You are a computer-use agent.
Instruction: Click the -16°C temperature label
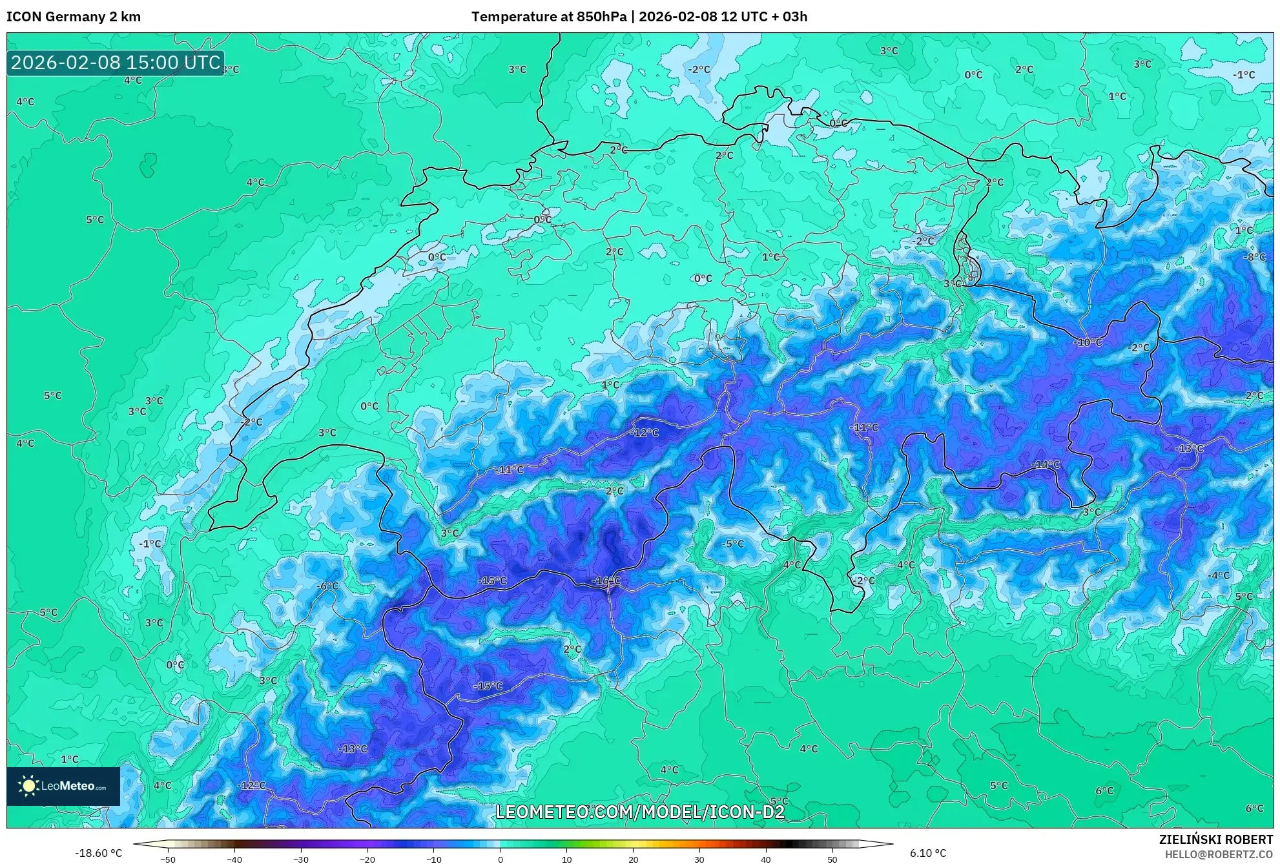606,581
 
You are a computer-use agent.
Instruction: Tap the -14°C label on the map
1045,464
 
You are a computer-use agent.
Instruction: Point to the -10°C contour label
1088,342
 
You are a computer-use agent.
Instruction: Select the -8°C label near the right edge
1255,256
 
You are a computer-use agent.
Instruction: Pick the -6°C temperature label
327,586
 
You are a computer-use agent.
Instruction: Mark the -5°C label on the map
733,544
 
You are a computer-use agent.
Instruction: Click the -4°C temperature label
1219,575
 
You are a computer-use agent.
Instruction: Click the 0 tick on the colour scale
500,859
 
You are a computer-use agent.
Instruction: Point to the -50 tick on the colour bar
167,859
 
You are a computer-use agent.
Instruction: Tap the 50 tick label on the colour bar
832,859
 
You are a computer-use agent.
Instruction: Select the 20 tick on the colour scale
633,859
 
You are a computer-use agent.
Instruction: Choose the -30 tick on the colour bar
301,859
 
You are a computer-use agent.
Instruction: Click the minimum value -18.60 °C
98,853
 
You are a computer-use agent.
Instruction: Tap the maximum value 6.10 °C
928,853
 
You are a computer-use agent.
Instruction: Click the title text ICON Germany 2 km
74,17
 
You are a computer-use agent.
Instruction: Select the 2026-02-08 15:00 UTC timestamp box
116,63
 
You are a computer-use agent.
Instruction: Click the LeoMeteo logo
63,786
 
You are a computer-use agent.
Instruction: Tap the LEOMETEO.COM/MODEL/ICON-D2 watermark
639,812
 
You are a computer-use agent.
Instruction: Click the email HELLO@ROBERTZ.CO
1218,854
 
